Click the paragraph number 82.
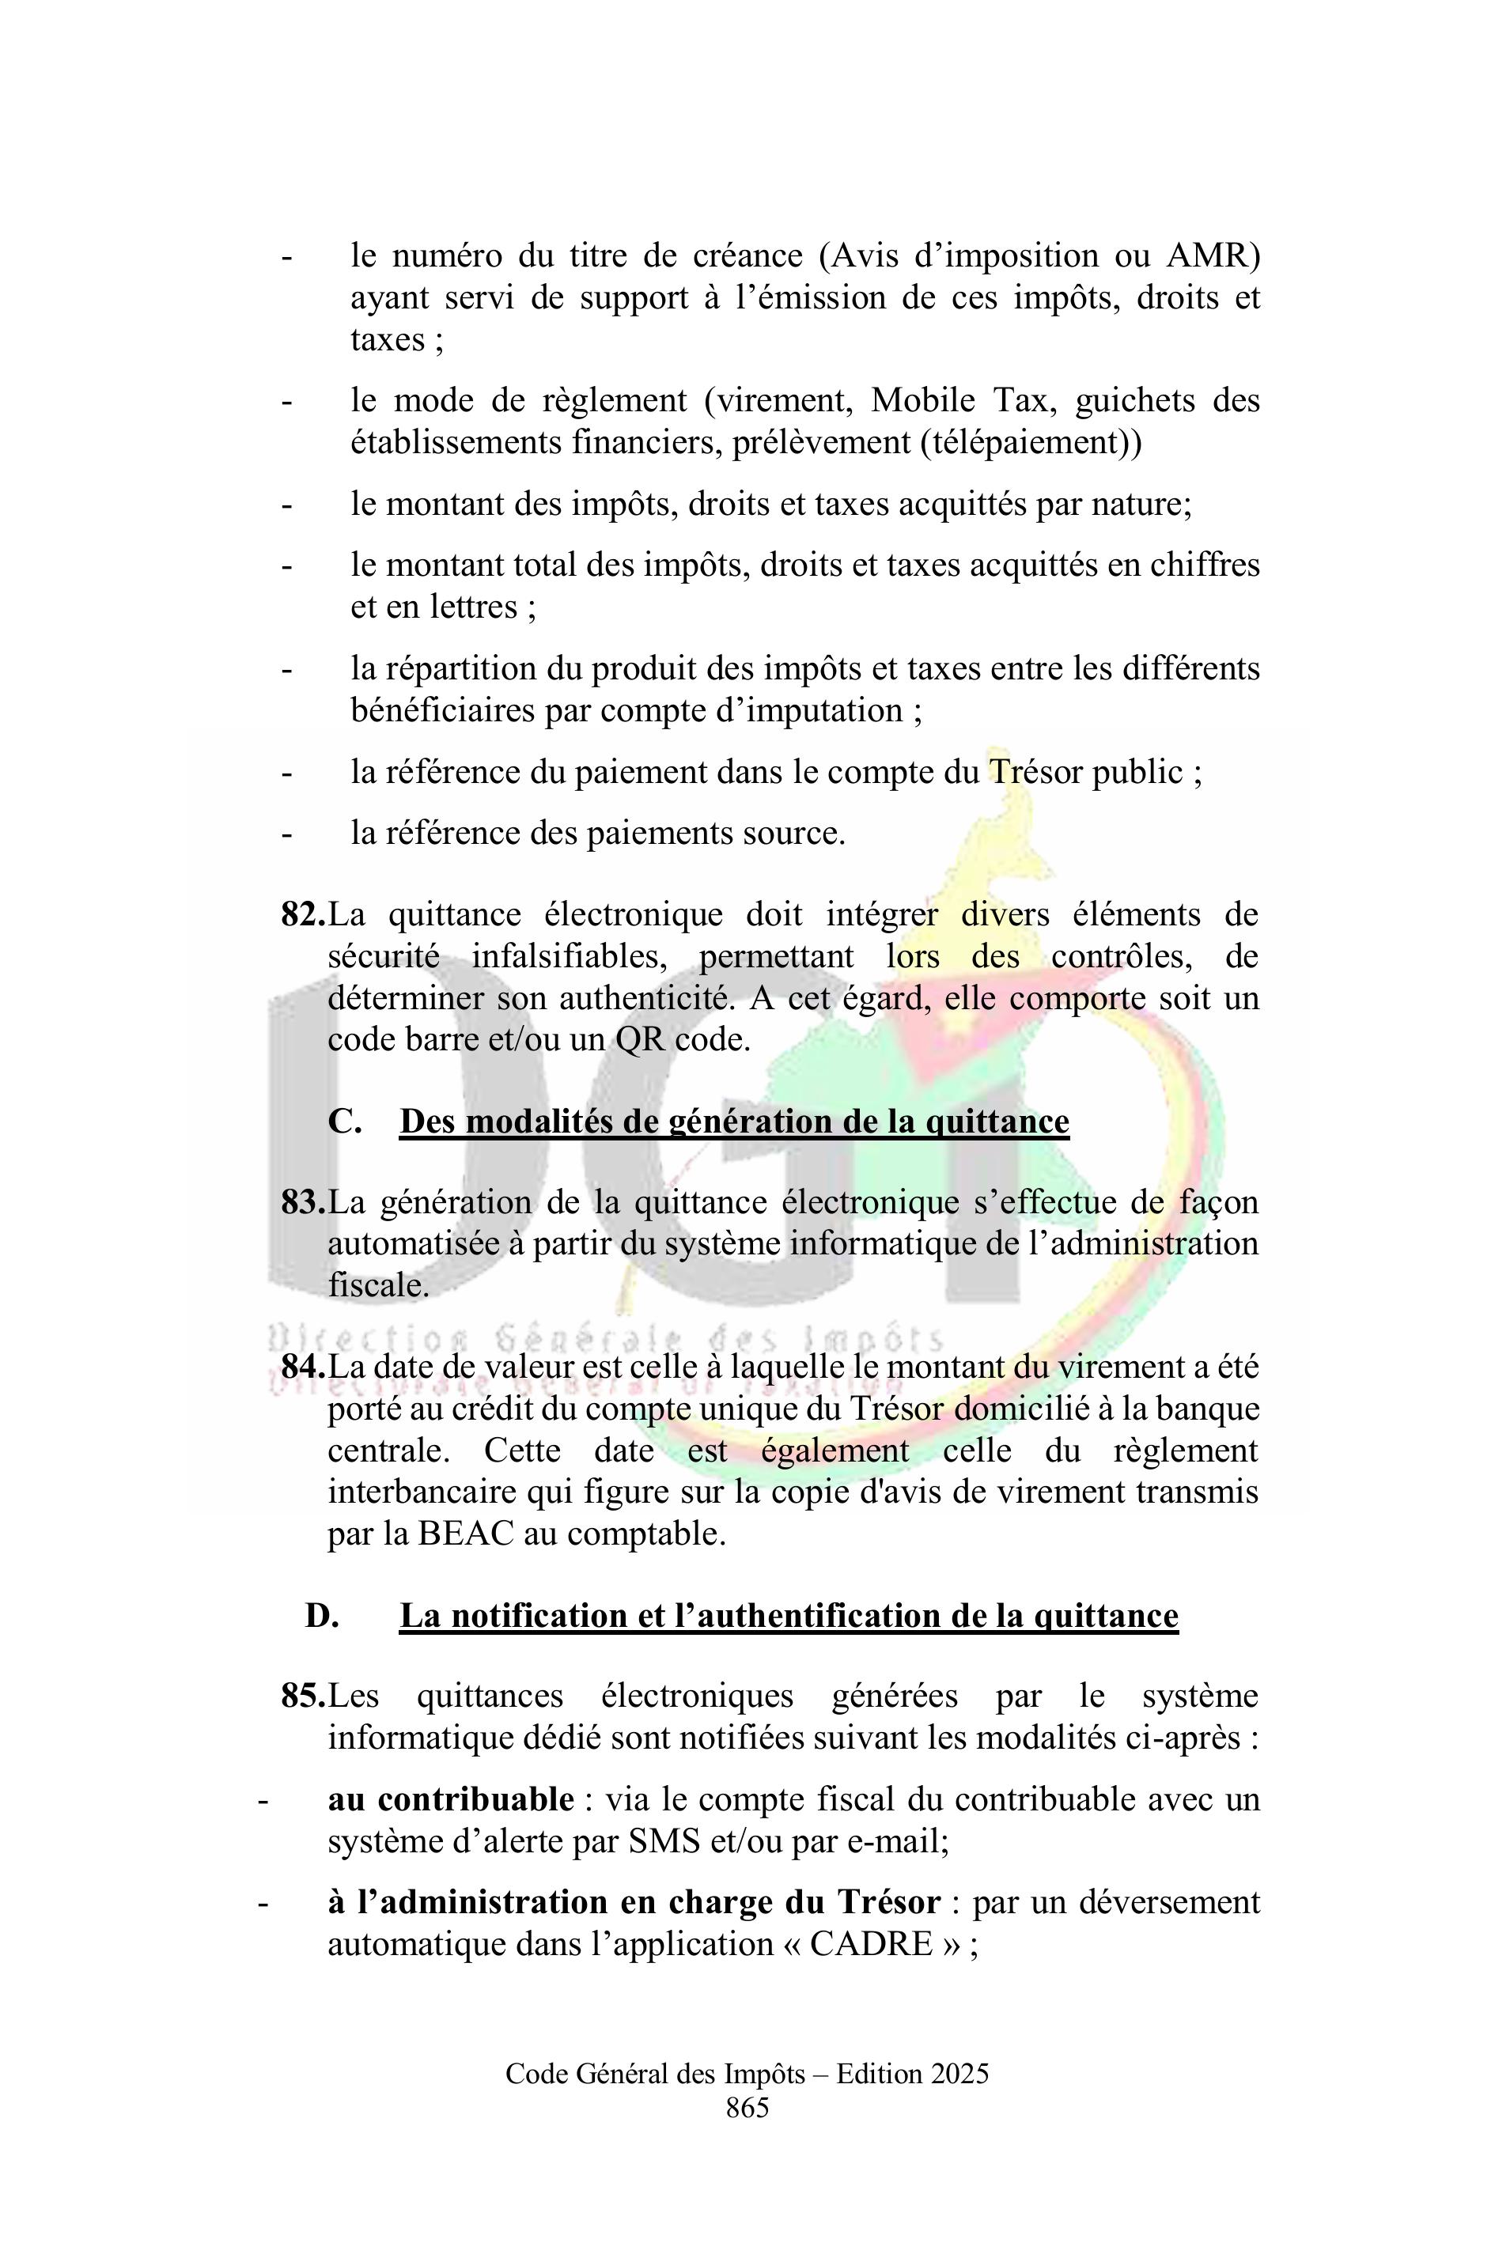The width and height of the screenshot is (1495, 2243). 302,914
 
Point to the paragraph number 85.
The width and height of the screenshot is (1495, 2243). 302,1696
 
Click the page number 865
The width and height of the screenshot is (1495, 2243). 747,2108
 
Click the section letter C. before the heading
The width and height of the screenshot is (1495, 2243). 344,1121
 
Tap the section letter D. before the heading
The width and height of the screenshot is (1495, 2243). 322,1616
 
